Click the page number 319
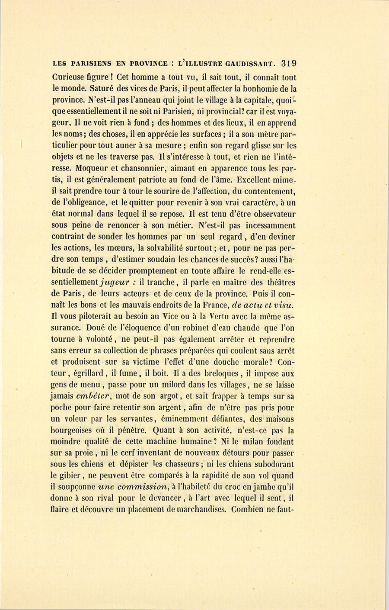click(288, 63)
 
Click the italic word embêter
click(94, 396)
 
